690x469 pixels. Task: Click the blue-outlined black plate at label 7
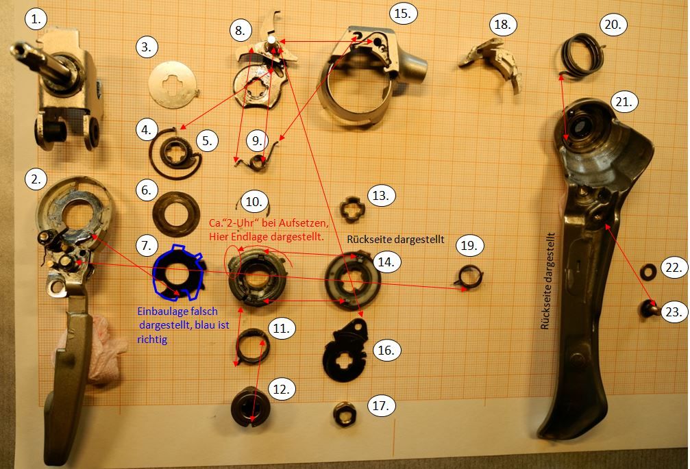point(178,273)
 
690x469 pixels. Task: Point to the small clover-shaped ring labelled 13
point(354,209)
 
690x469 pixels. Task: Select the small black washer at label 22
point(648,272)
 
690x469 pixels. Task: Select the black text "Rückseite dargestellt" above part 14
point(395,240)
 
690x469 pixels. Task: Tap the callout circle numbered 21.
point(624,102)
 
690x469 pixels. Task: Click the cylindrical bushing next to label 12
point(250,407)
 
